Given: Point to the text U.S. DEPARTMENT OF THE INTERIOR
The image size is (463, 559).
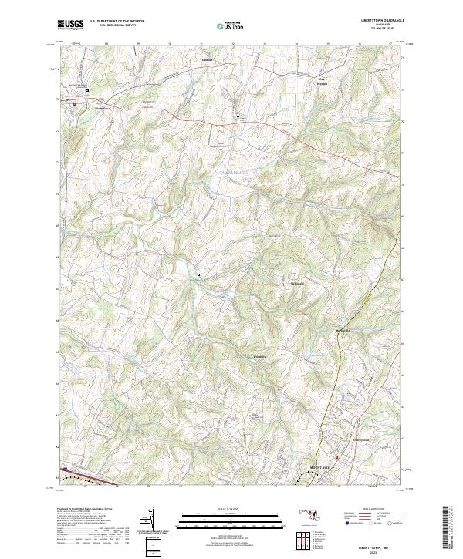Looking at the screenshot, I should tap(117, 21).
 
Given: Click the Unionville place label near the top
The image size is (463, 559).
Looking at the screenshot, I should tap(207, 59).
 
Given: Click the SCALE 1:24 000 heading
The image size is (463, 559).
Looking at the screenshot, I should tap(231, 508).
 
